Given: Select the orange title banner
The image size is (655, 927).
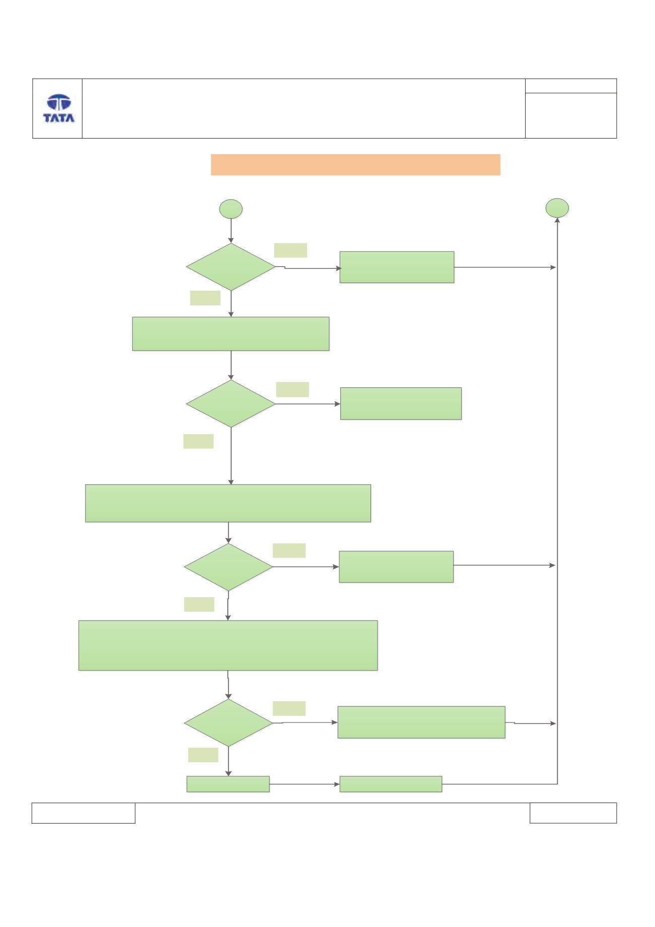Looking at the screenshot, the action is pos(355,165).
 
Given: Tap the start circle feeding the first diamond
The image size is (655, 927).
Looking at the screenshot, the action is pos(231,209).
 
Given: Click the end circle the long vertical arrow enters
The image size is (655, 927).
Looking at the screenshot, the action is pos(557,208).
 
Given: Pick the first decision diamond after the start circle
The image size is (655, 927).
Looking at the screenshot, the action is pos(231,267).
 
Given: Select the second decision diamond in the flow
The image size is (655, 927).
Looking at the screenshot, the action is pos(231,404).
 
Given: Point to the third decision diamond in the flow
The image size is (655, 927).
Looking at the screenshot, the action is pos(229,567).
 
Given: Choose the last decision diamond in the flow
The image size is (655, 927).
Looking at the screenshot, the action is pos(229,723).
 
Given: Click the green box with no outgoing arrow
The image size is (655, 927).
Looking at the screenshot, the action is pos(401,404).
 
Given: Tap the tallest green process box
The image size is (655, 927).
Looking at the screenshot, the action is pos(228,645).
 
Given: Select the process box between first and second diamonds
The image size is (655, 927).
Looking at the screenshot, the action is pos(231,334).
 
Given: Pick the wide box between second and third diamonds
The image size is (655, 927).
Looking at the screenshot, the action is pos(228,503).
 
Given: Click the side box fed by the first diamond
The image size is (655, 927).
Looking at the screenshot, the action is pos(397,267).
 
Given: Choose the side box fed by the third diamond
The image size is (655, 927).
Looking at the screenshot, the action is pos(396,567).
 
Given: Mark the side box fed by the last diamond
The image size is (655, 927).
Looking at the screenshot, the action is pos(421,722).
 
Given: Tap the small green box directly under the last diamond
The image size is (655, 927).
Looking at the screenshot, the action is pos(228,784).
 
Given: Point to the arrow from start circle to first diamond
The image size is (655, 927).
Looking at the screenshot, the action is pos(231,231).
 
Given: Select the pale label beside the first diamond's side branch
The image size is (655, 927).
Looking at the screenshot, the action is pos(290,250).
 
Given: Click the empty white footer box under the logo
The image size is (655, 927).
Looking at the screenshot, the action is pos(84,813).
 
